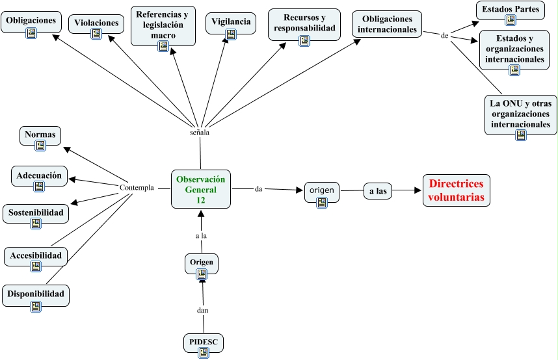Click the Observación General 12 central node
tap(201, 189)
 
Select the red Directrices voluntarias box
tap(457, 190)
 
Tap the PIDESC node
tap(202, 345)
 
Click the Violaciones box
tap(96, 27)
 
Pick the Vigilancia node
tap(230, 25)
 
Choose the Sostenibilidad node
tap(36, 217)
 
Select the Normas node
tap(40, 139)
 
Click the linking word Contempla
tap(137, 188)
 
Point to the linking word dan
tap(202, 310)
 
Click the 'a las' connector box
tap(378, 192)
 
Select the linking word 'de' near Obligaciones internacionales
tap(444, 36)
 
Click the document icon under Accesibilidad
tap(36, 268)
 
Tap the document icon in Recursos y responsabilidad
tap(304, 41)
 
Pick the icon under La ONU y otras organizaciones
tap(520, 135)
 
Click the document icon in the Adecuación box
tap(39, 186)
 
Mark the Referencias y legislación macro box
tap(163, 26)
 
